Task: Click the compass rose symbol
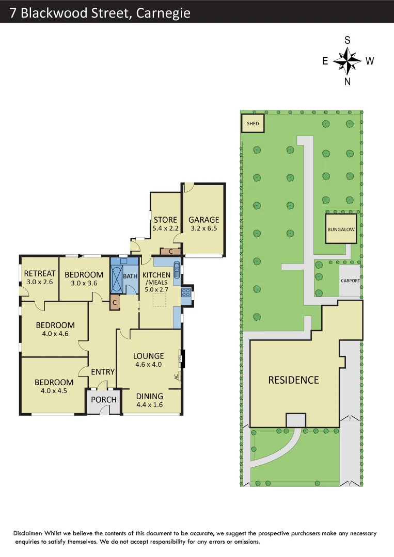pyautogui.click(x=347, y=61)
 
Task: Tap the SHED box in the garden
pyautogui.click(x=253, y=124)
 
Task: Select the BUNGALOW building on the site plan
pyautogui.click(x=341, y=228)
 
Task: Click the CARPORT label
pyautogui.click(x=350, y=281)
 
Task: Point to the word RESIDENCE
pyautogui.click(x=293, y=380)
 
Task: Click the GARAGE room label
pyautogui.click(x=203, y=220)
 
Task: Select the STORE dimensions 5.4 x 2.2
pyautogui.click(x=165, y=228)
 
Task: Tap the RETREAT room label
pyautogui.click(x=40, y=274)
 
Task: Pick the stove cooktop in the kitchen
pyautogui.click(x=186, y=292)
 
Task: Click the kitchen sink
pyautogui.click(x=177, y=270)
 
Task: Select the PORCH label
pyautogui.click(x=104, y=400)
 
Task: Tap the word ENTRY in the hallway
pyautogui.click(x=103, y=372)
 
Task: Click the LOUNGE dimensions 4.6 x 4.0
pyautogui.click(x=148, y=364)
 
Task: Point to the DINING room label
pyautogui.click(x=150, y=396)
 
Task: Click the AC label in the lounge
pyautogui.click(x=177, y=377)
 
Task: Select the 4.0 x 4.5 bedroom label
pyautogui.click(x=54, y=390)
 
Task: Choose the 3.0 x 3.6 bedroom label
pyautogui.click(x=84, y=283)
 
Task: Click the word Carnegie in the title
pyautogui.click(x=163, y=12)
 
